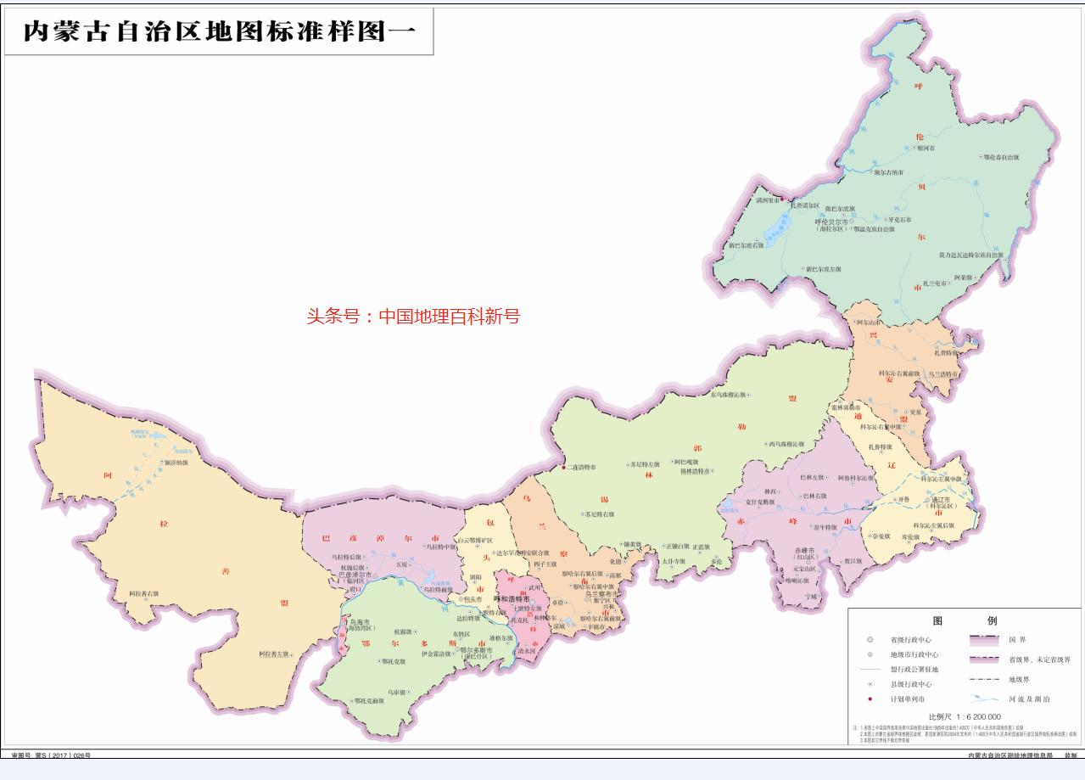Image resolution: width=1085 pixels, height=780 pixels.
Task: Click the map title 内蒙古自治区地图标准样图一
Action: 219,31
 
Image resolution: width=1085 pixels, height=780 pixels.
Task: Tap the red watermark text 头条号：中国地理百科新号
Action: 412,317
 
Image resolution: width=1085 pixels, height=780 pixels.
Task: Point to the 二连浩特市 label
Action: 581,468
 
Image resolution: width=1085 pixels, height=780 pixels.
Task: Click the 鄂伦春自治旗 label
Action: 1004,157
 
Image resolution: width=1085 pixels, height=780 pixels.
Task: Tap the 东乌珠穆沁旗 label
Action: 729,395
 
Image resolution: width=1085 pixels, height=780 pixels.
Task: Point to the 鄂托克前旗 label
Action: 369,700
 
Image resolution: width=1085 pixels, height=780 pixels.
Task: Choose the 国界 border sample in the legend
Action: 985,640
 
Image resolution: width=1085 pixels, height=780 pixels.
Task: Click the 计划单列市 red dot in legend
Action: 870,699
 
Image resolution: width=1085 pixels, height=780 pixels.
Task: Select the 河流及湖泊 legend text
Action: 1029,699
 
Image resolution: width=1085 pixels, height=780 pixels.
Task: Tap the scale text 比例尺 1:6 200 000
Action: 965,716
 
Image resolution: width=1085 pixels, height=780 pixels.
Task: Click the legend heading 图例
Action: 964,620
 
